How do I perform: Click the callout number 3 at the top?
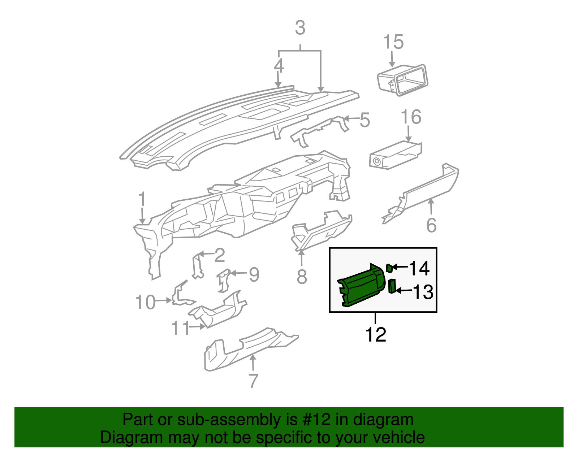300,28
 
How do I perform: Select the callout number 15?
393,42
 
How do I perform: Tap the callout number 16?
411,117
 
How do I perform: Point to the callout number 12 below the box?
376,335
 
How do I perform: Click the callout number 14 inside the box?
419,269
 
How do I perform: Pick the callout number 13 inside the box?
423,292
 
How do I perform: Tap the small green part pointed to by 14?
389,268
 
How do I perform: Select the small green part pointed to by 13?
392,286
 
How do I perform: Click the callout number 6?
431,225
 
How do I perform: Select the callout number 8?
302,277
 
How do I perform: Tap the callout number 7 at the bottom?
253,381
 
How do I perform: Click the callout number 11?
180,328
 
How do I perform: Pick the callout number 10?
145,302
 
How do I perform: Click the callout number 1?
142,200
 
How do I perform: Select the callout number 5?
365,120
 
